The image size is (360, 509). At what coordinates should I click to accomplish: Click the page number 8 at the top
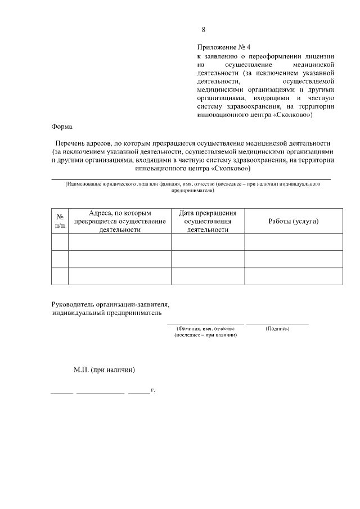coord(204,30)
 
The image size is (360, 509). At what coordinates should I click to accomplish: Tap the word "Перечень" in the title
coord(70,143)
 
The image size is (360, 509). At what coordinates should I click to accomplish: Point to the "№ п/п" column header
coord(60,221)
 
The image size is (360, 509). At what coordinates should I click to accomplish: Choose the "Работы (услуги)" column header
coord(293,221)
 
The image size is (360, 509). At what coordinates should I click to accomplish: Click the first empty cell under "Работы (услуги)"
coord(293,242)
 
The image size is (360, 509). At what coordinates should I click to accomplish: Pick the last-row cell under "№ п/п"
coord(60,276)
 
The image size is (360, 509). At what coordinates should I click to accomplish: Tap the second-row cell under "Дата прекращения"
coord(208,259)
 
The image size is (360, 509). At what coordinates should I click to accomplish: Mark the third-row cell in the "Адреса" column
coord(120,276)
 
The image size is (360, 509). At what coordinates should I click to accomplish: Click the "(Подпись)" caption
coord(277,328)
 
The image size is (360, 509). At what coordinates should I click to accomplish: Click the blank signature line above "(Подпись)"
coord(277,323)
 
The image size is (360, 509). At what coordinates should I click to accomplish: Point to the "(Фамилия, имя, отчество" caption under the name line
coord(205,328)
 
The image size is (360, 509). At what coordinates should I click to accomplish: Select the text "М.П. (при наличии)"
coord(105,370)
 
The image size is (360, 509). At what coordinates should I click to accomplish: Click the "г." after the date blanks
coord(152,389)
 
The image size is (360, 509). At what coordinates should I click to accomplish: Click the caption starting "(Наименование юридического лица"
coord(191,184)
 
